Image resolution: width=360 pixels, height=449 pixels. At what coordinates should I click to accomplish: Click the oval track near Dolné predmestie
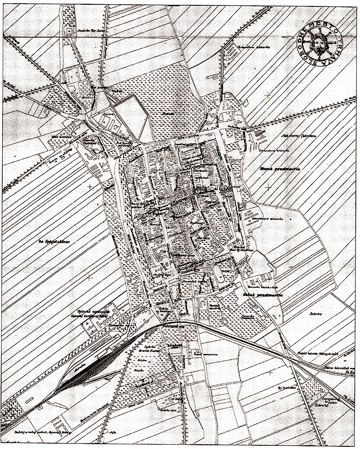pos(218,274)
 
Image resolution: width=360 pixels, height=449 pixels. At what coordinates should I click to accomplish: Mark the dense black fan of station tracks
pos(89,371)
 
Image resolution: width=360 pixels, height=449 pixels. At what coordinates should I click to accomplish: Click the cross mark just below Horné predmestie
pos(268,187)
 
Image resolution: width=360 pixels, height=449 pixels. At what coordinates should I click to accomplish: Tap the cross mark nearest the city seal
pos(268,95)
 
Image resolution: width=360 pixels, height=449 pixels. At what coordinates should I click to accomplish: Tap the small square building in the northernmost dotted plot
pos(68,32)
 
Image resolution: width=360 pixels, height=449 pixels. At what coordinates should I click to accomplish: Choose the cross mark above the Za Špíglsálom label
pos(89,186)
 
